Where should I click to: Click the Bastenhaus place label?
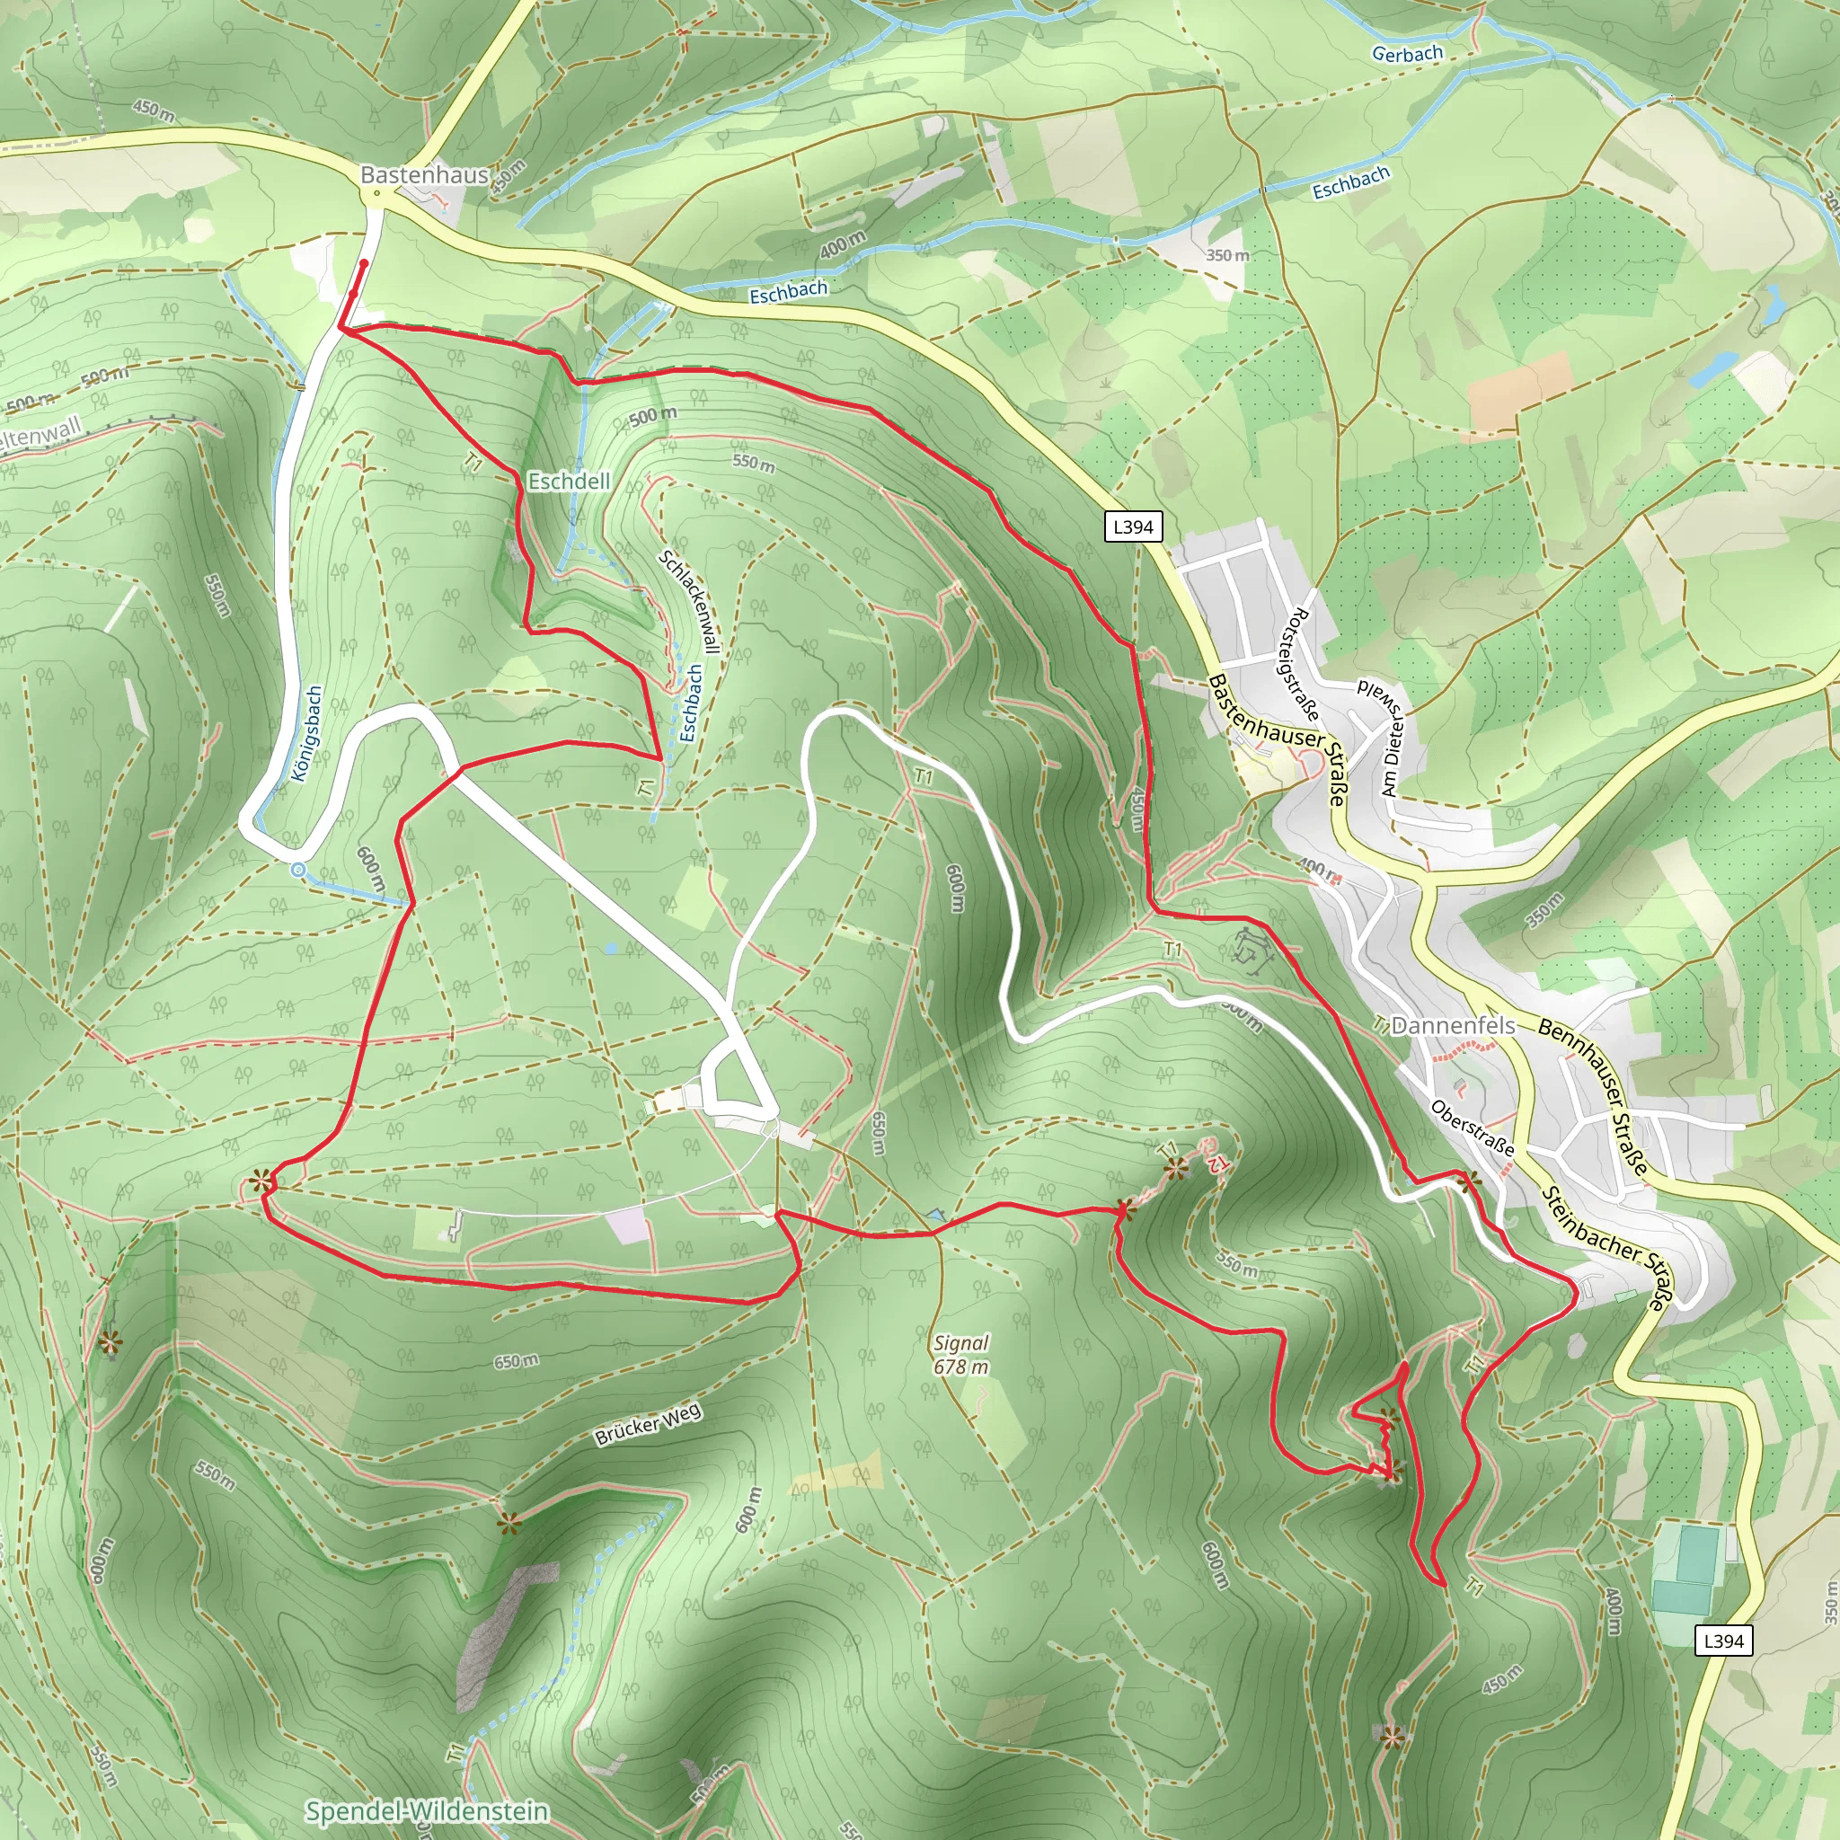point(424,175)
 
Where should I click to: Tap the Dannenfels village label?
point(1454,1026)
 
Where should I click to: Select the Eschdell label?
point(570,482)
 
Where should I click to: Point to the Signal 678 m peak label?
point(961,1355)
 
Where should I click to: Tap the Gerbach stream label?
point(1407,54)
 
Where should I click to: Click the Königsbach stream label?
point(306,734)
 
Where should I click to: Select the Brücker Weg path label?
point(649,1425)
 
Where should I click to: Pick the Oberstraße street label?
point(1473,1128)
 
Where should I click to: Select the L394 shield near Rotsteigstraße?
point(1133,526)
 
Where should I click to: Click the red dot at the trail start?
point(364,263)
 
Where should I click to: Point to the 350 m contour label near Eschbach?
point(1227,255)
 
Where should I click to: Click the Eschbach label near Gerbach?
point(1350,183)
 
